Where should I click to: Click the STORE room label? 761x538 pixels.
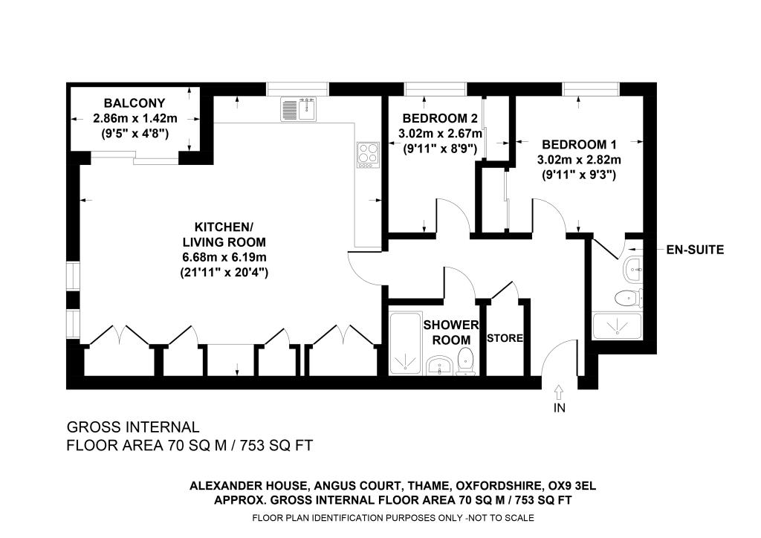(x=505, y=338)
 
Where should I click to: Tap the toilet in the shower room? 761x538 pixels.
(x=465, y=360)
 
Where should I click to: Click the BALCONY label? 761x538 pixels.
(x=135, y=103)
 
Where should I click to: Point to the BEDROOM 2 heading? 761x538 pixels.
(x=440, y=118)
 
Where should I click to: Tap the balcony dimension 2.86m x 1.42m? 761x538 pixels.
(x=135, y=118)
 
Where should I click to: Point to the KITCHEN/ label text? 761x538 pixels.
(x=224, y=227)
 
